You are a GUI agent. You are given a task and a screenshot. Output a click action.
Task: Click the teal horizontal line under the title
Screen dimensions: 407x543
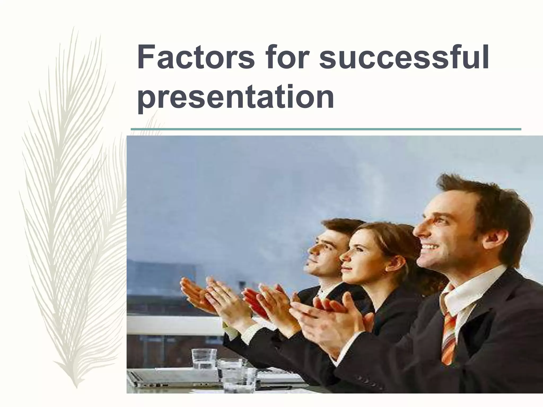[x=326, y=129]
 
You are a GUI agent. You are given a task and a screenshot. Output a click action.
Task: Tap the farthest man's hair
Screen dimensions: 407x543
[x=341, y=227]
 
